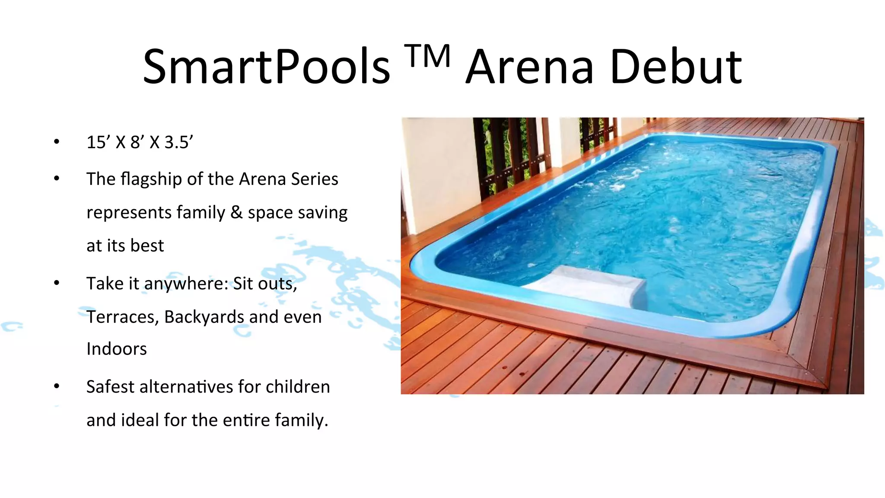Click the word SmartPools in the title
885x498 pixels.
[x=266, y=67]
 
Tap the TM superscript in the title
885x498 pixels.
[x=428, y=56]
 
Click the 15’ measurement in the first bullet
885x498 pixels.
[x=98, y=142]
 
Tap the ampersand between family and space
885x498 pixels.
[x=236, y=212]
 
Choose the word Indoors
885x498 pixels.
[x=117, y=349]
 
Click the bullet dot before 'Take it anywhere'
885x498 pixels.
[x=57, y=283]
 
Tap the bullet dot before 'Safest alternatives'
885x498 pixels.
[x=57, y=386]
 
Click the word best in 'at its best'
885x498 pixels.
[x=147, y=246]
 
